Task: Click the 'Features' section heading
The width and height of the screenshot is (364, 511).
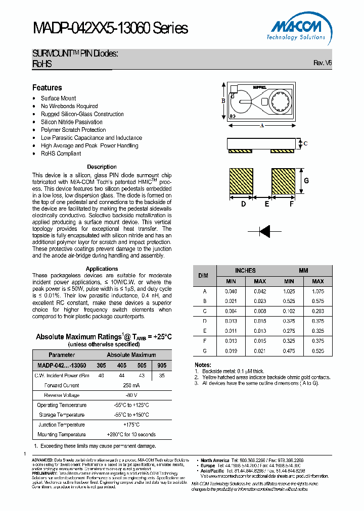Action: (x=47, y=87)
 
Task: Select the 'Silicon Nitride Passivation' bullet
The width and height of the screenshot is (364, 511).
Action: (x=71, y=122)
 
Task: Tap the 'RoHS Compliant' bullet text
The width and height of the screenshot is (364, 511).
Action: (x=61, y=154)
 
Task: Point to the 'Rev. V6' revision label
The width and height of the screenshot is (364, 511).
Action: (x=323, y=63)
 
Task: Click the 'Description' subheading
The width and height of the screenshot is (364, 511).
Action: (x=102, y=167)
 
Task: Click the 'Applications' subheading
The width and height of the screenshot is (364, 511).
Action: (x=102, y=269)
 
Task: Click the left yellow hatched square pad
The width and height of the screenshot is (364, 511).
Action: (x=241, y=181)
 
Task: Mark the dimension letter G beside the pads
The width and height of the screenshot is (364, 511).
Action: (x=306, y=181)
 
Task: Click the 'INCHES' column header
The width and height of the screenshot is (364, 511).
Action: (x=245, y=271)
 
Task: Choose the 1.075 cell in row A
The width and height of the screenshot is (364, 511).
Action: (x=317, y=291)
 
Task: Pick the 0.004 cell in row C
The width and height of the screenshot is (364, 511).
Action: (x=231, y=311)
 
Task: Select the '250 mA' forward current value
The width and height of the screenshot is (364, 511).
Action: (x=131, y=385)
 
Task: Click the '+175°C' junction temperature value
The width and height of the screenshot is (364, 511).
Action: (x=131, y=425)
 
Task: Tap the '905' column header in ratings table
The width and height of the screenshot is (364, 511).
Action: (x=161, y=365)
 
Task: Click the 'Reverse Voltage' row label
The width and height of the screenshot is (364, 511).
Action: (x=62, y=395)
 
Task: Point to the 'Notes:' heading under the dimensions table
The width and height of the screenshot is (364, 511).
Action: (x=202, y=365)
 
